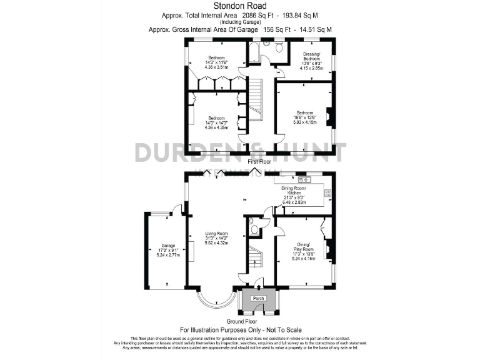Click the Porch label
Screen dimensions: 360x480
259,298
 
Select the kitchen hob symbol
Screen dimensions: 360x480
327,193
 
